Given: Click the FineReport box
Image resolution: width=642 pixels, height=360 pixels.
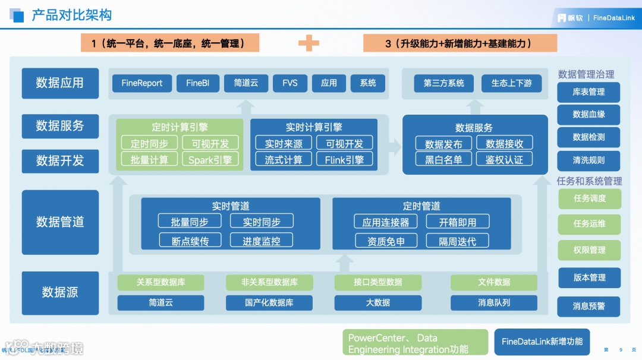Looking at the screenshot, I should tap(141, 83).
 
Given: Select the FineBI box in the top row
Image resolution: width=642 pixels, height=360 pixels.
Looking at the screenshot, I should tap(198, 83).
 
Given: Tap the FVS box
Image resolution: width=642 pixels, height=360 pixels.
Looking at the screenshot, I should tap(289, 83).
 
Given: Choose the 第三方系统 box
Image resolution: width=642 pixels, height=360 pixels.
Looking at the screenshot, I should tap(443, 83).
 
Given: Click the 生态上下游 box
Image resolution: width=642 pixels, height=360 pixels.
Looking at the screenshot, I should tap(511, 83).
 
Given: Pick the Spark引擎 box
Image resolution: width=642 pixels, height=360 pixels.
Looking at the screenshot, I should tap(210, 159).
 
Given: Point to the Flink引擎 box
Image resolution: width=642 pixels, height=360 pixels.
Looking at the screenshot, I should tap(344, 159).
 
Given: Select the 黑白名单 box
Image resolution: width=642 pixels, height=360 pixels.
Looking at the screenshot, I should tap(443, 159).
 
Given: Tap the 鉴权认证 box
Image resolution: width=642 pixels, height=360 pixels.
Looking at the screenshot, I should tap(504, 159).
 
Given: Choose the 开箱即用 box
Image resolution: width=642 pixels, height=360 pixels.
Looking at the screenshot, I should tap(458, 222).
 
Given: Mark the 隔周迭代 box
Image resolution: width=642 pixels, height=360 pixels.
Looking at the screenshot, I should tap(458, 241).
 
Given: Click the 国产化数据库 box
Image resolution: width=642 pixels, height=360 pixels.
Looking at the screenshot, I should tap(269, 302).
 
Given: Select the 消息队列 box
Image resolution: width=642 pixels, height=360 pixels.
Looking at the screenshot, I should tap(494, 302).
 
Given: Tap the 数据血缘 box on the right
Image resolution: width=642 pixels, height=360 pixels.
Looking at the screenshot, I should tap(588, 114).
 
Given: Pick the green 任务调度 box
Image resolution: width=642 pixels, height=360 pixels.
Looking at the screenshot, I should tap(589, 198).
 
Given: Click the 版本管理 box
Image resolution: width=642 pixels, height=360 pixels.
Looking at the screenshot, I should tap(589, 277).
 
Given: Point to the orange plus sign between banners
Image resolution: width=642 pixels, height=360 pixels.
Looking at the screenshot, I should tap(309, 43).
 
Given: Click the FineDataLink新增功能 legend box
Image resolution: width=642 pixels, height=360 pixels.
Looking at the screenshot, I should tap(542, 342).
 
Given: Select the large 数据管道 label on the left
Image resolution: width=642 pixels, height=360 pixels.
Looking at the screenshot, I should tap(60, 222).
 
